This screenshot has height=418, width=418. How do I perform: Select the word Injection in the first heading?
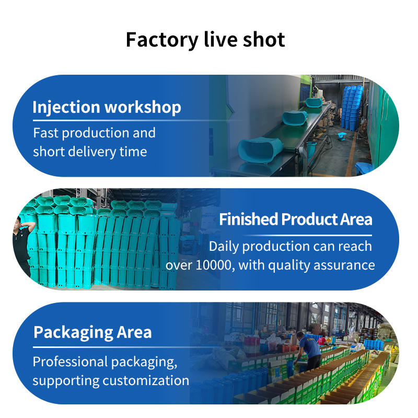66,108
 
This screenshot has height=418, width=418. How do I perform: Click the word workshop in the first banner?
143,108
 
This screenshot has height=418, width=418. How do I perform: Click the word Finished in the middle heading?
248,219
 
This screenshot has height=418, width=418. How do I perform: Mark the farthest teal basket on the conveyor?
315,102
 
